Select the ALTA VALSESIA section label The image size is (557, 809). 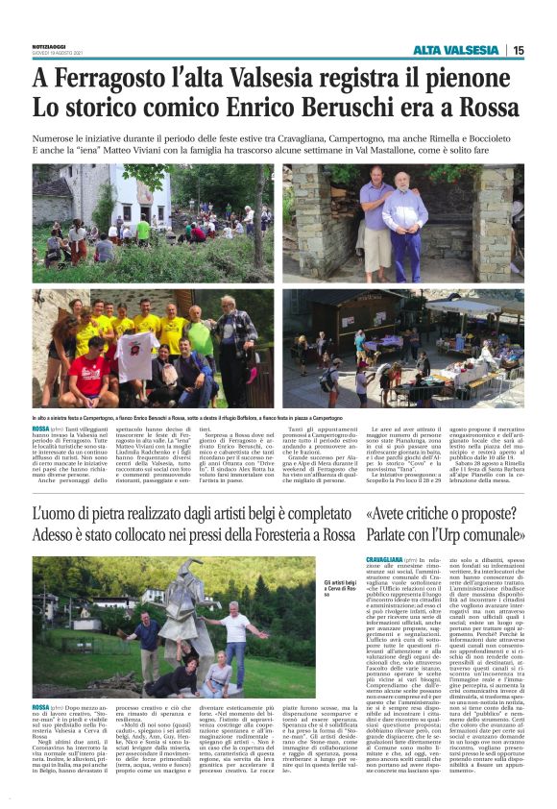(x=456, y=50)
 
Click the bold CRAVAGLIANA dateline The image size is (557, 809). (x=386, y=558)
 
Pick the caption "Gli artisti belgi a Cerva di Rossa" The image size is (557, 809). (x=342, y=587)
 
